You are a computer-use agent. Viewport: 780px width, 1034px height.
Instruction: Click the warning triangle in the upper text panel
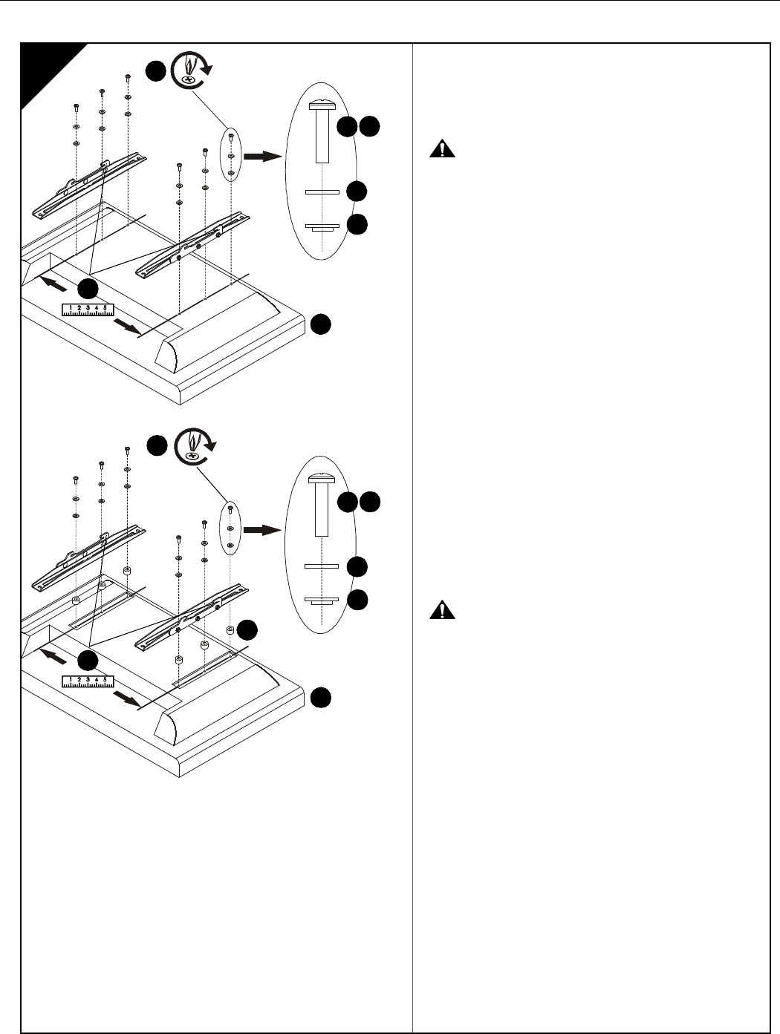[x=443, y=150]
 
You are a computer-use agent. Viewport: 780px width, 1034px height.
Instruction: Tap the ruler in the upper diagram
[x=88, y=309]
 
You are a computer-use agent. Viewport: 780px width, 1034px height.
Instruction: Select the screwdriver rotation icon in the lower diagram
[x=192, y=446]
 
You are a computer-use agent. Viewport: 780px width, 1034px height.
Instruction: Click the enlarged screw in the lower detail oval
[x=322, y=505]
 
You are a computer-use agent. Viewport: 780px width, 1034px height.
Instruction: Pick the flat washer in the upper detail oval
[x=322, y=192]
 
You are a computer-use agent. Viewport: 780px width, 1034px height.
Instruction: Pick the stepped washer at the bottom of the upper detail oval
[x=322, y=227]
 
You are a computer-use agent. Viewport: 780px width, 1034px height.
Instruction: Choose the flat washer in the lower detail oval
[x=322, y=566]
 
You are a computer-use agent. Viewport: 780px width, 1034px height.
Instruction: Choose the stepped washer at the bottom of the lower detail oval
[x=322, y=601]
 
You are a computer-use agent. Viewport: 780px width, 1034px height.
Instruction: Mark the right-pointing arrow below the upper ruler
[x=126, y=329]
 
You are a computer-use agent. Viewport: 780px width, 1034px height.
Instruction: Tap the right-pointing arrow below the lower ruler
[x=126, y=701]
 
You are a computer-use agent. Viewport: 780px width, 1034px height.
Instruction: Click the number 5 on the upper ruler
[x=105, y=307]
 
